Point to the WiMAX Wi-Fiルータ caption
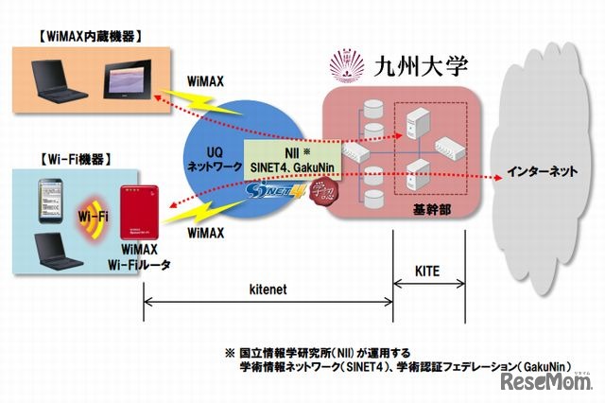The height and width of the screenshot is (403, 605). point(141,257)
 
